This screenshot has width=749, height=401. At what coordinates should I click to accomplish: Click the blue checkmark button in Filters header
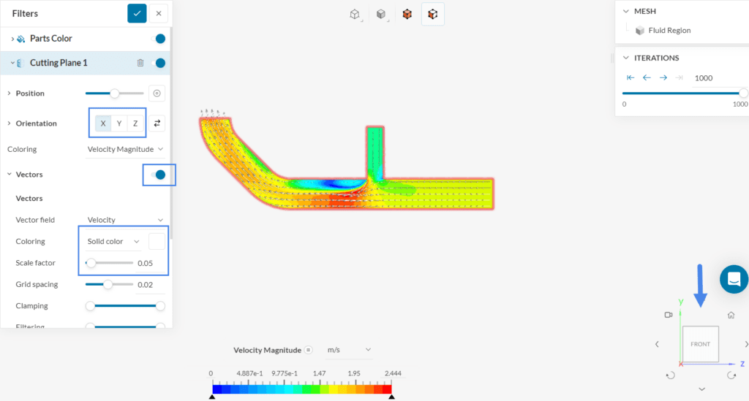(x=137, y=13)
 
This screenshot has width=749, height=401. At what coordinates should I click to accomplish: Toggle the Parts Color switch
(x=158, y=39)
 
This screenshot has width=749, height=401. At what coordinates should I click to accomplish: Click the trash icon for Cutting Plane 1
(x=140, y=63)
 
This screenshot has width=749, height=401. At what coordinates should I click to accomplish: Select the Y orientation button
(x=119, y=123)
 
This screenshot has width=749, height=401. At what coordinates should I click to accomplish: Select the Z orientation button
(x=135, y=123)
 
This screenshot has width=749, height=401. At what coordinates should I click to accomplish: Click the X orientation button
(x=103, y=123)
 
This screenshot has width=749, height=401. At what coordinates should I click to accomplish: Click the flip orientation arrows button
(x=157, y=123)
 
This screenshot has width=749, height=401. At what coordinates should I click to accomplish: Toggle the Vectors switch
(x=158, y=175)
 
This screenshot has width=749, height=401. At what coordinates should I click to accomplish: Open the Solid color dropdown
(x=113, y=241)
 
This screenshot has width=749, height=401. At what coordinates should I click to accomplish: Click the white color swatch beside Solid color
(x=157, y=241)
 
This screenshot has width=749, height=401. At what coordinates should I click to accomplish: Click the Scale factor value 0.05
(x=145, y=263)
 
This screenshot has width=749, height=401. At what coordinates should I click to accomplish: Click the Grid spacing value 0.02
(x=145, y=285)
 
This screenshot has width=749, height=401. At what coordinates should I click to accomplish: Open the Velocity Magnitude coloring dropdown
(x=124, y=149)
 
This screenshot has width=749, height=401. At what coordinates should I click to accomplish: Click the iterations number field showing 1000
(x=713, y=78)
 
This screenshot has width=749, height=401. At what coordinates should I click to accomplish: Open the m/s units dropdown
(x=348, y=351)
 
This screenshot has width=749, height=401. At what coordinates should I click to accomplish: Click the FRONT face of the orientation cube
(x=700, y=344)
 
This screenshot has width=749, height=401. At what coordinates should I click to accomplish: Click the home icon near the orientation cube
(x=731, y=315)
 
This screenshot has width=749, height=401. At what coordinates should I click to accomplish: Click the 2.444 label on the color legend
(x=391, y=373)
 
